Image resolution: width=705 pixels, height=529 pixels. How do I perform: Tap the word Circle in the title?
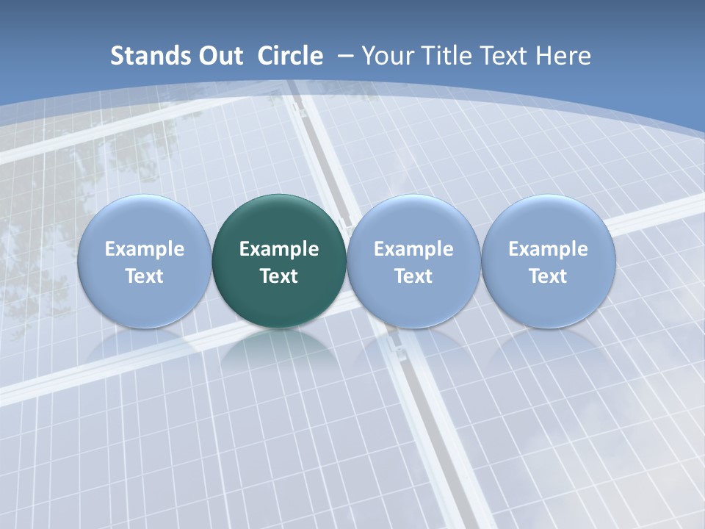click(290, 56)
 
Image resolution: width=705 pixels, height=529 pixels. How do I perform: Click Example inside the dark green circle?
click(279, 249)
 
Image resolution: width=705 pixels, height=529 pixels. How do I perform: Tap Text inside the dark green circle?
click(279, 276)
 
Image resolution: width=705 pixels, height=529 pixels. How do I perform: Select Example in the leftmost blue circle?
click(145, 249)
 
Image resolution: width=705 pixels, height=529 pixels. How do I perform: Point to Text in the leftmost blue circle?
click(145, 276)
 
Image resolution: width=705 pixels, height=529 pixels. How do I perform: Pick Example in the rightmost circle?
click(548, 249)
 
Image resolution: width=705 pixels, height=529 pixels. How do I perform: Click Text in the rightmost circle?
click(548, 276)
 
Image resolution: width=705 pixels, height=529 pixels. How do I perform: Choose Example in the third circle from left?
click(413, 249)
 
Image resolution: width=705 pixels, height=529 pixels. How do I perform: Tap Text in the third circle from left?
click(413, 276)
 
